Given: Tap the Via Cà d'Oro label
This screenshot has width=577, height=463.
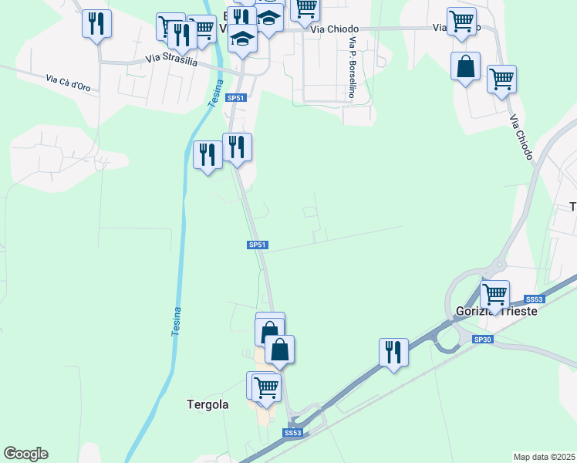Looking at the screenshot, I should click(68, 83).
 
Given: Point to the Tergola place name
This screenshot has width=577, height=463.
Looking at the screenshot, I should click(208, 404).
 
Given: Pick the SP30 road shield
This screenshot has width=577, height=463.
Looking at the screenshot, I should click(482, 339).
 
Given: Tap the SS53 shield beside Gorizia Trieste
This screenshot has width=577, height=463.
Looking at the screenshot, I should click(534, 299).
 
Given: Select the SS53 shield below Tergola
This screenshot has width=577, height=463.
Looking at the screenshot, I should click(292, 434).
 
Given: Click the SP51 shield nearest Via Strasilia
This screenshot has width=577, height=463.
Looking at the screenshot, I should click(236, 98).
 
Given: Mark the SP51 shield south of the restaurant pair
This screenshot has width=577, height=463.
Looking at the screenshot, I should click(258, 245).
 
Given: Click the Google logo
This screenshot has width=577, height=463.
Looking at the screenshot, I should click(25, 454).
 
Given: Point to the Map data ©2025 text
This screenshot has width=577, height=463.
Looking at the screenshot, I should click(545, 457).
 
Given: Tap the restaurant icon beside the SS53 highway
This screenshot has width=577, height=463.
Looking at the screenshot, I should click(393, 351).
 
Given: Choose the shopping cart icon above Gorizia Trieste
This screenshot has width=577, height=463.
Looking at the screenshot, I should click(494, 293).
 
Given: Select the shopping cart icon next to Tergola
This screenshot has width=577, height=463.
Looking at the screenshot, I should click(266, 387).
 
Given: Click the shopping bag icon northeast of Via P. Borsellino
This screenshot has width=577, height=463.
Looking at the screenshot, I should click(466, 66).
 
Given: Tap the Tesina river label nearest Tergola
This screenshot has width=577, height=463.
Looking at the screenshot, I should click(177, 321).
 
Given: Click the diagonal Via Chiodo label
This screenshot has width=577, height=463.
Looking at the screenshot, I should click(521, 138).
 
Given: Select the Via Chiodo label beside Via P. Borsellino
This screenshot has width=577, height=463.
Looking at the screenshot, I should click(336, 29).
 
